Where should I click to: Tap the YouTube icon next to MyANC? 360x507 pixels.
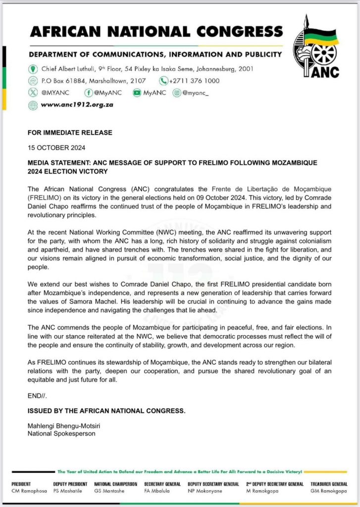tap(136, 93)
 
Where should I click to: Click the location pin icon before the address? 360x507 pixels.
tap(33, 69)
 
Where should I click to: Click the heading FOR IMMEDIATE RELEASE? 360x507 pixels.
tap(70, 133)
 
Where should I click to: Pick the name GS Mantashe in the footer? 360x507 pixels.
tap(109, 491)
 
